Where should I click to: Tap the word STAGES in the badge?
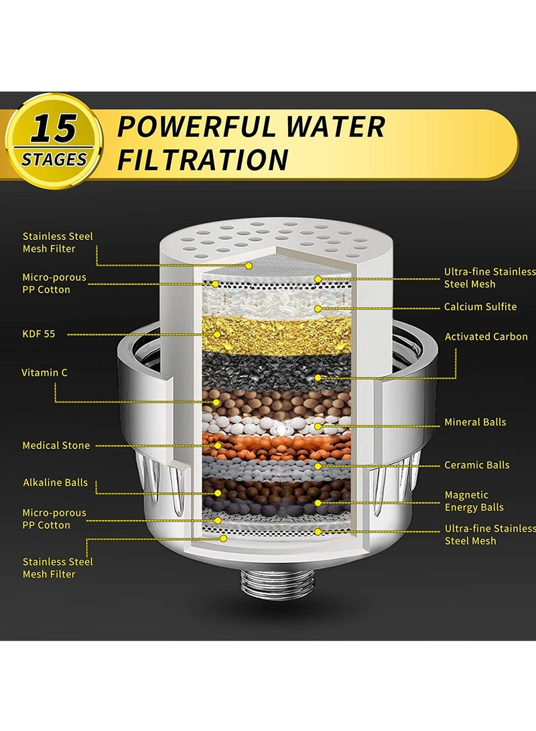point(54,159)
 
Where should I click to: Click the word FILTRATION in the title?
point(203,160)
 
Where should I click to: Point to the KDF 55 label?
point(39,334)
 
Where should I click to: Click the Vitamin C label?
point(44,373)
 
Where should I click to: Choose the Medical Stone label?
point(56,446)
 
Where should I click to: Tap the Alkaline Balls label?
point(55,483)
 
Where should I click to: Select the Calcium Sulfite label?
point(480,307)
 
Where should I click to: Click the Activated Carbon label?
point(485,336)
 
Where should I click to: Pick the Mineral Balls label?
point(475,422)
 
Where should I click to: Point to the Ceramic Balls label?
point(477,465)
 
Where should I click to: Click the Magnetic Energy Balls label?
point(474,501)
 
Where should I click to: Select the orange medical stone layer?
point(281,444)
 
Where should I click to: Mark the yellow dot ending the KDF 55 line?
point(216,334)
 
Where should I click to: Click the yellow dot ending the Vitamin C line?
point(216,402)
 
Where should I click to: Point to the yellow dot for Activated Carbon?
point(318,379)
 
